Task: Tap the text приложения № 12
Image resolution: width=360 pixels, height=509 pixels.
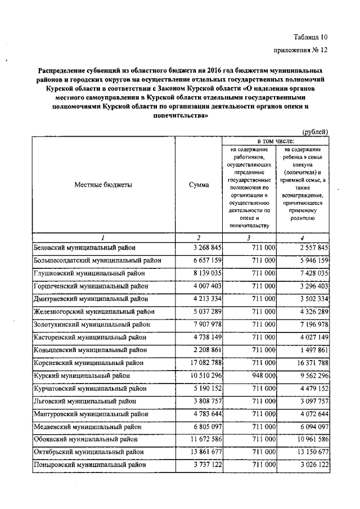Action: (300, 50)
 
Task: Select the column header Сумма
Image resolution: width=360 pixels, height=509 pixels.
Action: (199, 185)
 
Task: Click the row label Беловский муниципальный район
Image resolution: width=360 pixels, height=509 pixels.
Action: (85, 247)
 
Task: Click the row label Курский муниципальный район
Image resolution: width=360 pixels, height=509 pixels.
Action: (82, 374)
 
